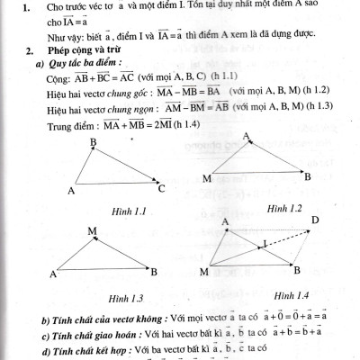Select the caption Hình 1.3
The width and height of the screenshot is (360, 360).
[x=126, y=297]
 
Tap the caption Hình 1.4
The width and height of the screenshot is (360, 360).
[x=292, y=295]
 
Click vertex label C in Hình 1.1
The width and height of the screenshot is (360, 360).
[x=162, y=189]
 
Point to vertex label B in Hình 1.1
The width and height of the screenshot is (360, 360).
[x=93, y=143]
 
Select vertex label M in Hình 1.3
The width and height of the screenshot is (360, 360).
[x=92, y=231]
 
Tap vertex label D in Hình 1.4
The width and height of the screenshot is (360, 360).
[x=314, y=220]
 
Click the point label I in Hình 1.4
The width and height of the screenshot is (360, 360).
[x=264, y=243]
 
